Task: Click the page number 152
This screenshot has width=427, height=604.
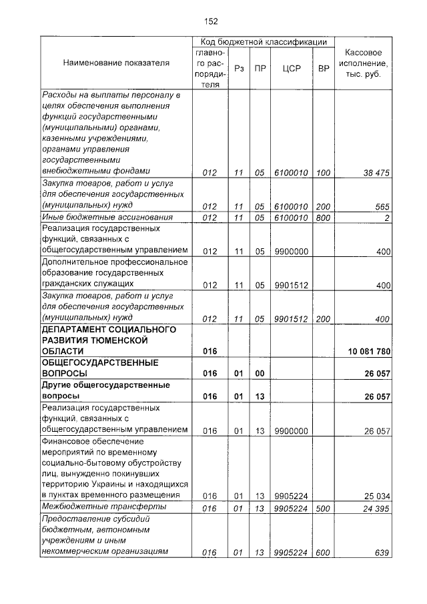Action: tap(211, 21)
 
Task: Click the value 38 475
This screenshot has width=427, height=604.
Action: tap(376, 173)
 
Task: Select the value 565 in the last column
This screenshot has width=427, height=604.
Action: tap(382, 206)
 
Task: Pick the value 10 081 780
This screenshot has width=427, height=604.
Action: tap(369, 351)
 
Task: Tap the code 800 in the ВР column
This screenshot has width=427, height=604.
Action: tap(324, 218)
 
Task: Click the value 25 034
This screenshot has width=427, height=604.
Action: tap(376, 496)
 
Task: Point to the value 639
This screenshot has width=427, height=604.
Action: tap(382, 552)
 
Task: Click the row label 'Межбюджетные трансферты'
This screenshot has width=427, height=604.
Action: tap(93, 507)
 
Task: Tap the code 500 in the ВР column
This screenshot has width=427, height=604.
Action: tap(324, 508)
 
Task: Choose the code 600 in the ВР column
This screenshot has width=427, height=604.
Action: tap(324, 552)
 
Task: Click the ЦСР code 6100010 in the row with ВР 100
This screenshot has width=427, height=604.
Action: tap(291, 173)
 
